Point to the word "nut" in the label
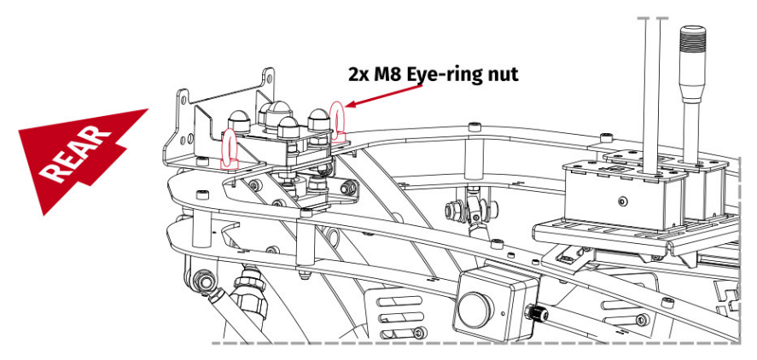click(501, 73)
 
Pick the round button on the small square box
click(472, 308)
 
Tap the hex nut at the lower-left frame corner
click(202, 279)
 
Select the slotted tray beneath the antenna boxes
click(597, 235)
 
